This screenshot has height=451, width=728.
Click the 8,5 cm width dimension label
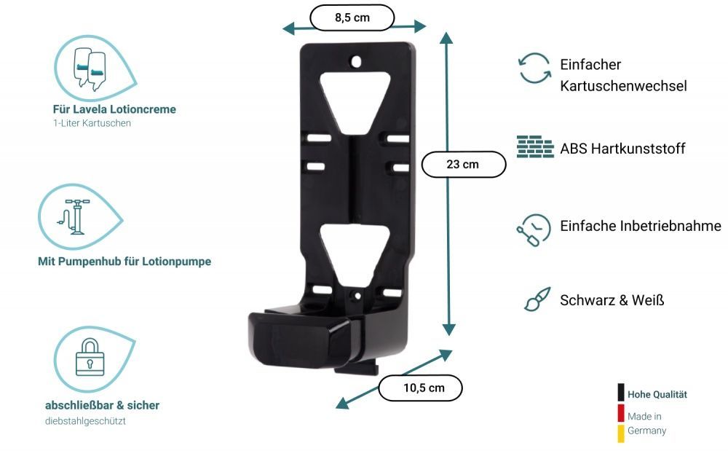click(352, 17)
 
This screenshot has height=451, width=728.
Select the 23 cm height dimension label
click(463, 164)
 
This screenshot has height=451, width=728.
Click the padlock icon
click(90, 356)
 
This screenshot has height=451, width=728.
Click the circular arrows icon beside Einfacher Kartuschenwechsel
click(534, 68)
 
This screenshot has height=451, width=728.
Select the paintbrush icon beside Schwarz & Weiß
click(537, 299)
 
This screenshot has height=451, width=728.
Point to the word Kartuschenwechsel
click(623, 86)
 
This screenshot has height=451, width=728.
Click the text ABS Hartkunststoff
click(622, 149)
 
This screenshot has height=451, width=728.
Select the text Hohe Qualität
click(657, 394)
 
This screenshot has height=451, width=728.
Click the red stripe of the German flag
click(621, 413)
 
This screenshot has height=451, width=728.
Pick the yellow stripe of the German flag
click(621, 434)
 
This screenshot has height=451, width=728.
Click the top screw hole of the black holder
click(356, 62)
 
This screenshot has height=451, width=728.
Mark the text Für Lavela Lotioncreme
click(114, 109)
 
